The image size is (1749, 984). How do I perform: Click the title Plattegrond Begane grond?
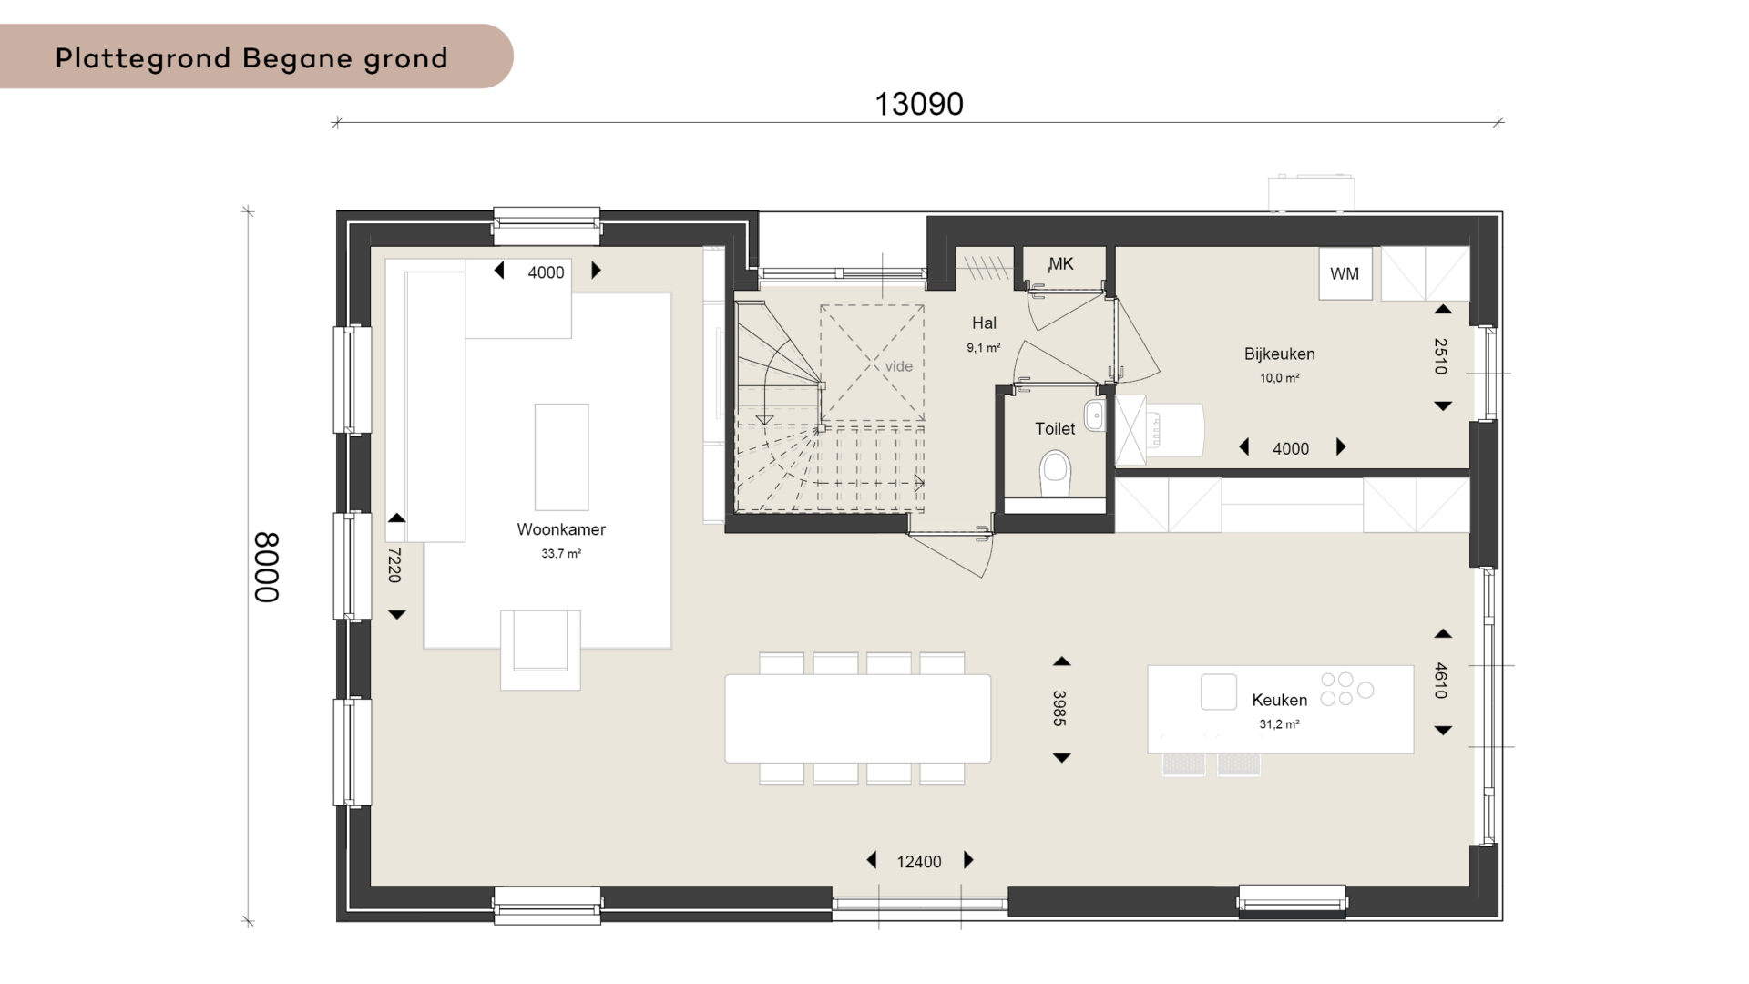tap(251, 58)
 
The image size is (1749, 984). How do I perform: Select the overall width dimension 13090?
tap(919, 104)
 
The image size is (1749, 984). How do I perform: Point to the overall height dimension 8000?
tap(266, 567)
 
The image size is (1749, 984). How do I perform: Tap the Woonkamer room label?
tap(561, 529)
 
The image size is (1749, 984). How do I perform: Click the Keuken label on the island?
tap(1279, 700)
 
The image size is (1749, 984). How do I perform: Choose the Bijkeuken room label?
tap(1279, 354)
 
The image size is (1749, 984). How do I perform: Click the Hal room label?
tap(984, 323)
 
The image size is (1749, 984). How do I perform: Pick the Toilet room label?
tap(1055, 428)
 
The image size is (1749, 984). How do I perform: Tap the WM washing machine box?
tap(1345, 273)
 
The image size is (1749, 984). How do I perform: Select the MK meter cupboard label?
tap(1061, 264)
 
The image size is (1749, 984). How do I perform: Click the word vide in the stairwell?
tap(898, 366)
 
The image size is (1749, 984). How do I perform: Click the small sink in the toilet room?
tap(1094, 415)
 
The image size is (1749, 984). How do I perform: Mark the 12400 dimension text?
tap(919, 862)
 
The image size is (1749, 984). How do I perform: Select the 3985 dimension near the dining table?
tap(1059, 708)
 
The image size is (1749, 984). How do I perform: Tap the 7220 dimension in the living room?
tap(394, 565)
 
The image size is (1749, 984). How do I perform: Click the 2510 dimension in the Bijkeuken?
tap(1440, 356)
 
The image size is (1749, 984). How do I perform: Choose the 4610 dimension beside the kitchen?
tap(1440, 681)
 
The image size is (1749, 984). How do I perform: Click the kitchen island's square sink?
tap(1219, 692)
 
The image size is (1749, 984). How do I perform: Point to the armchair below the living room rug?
tap(540, 649)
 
